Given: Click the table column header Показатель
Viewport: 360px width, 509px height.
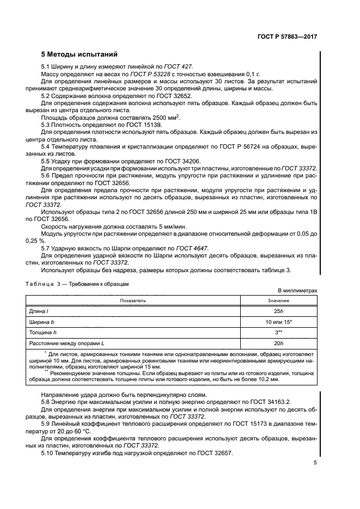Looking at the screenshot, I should click(133, 300).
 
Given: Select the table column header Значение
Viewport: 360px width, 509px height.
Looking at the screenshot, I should click(278, 300).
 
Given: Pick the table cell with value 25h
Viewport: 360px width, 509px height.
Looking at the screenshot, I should click(278, 311).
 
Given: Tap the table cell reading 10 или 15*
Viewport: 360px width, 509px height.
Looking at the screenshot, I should click(278, 322).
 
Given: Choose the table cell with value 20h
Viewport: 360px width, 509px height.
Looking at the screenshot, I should click(278, 343).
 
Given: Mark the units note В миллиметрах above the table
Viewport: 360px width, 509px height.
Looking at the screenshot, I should click(297, 291).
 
